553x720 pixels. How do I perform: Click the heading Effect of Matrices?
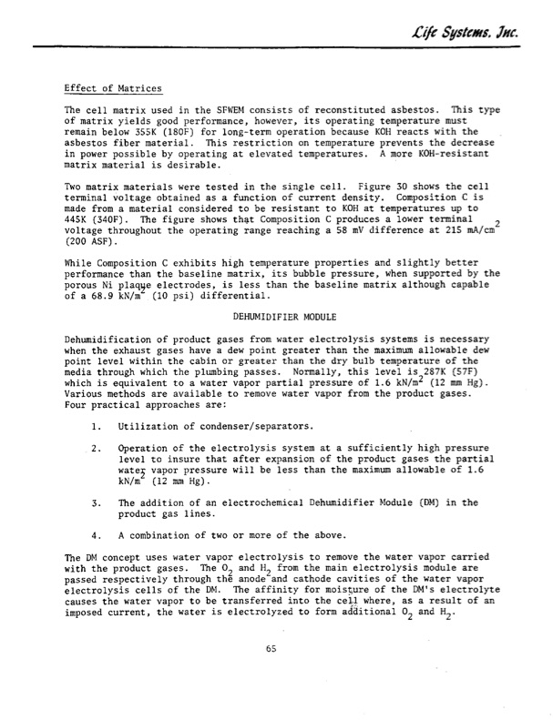pos(113,88)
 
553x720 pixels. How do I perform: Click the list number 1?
pos(96,426)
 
